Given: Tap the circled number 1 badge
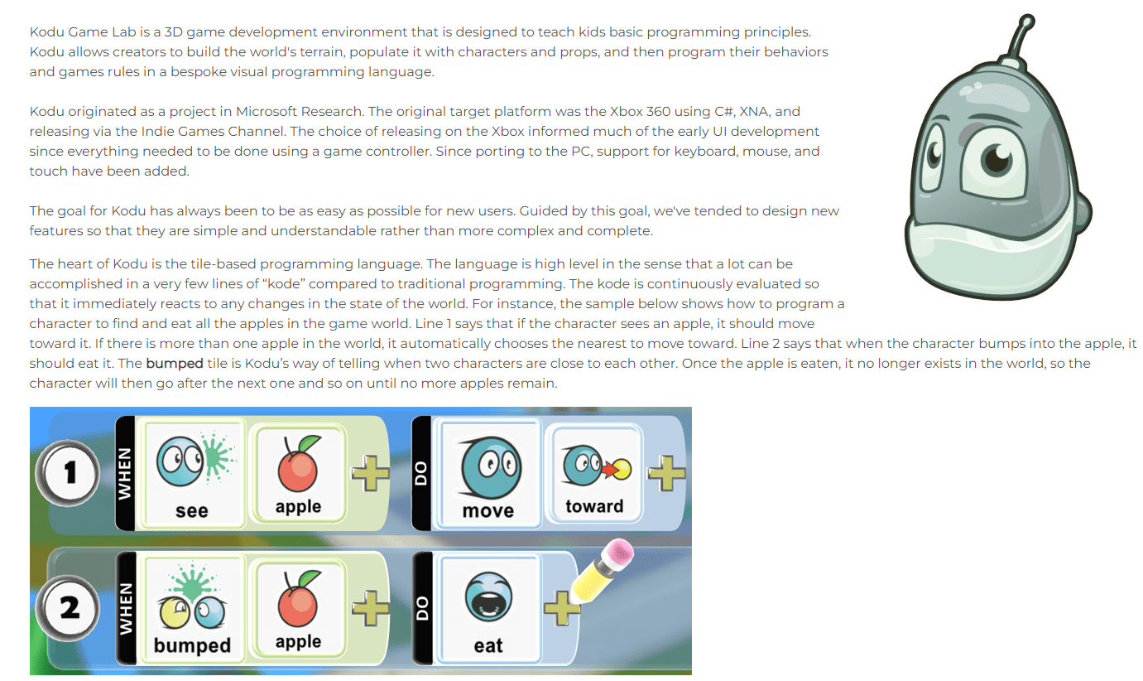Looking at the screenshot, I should (69, 473).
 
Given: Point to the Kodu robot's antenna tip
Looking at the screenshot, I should (1026, 21).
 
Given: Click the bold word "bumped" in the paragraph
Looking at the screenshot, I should (175, 363).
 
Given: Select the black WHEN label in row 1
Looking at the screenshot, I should (125, 473).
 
